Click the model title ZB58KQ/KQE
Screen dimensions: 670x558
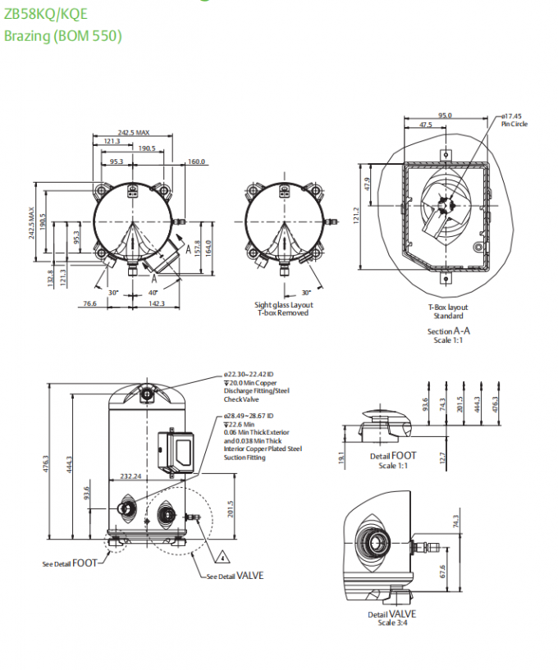pyautogui.click(x=45, y=14)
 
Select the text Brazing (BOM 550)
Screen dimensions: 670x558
pyautogui.click(x=63, y=36)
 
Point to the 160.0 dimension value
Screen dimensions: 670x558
pyautogui.click(x=197, y=162)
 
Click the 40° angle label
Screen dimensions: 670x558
pyautogui.click(x=153, y=292)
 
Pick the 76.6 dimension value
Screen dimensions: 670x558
pyautogui.click(x=89, y=303)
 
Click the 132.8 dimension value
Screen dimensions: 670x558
pyautogui.click(x=50, y=276)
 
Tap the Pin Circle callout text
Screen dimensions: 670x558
pyautogui.click(x=515, y=124)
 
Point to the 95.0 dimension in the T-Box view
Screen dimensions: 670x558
pyautogui.click(x=444, y=116)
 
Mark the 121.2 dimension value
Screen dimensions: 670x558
pyautogui.click(x=357, y=215)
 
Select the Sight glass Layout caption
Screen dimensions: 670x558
pyautogui.click(x=284, y=305)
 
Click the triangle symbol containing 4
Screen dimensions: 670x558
pyautogui.click(x=221, y=558)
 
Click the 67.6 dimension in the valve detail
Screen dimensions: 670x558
pyautogui.click(x=442, y=571)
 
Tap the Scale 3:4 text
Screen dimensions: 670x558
pyautogui.click(x=391, y=622)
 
